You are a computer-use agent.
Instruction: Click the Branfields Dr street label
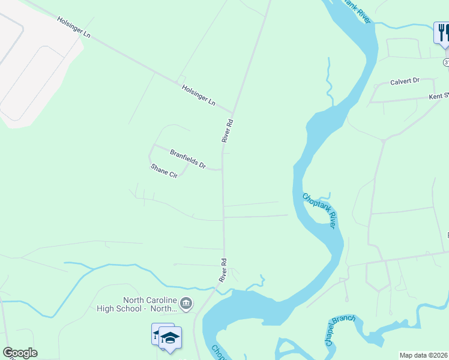[188, 159]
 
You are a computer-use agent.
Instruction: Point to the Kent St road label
[439, 96]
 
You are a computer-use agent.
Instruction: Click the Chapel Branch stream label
[340, 331]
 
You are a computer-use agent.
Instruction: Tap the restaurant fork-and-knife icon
[442, 32]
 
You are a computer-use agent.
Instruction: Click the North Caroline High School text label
[137, 304]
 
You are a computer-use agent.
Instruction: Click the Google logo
[20, 353]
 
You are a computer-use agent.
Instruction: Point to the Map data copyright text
[424, 355]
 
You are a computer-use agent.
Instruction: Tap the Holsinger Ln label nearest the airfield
[74, 28]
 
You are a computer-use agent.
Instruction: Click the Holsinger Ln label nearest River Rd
[199, 95]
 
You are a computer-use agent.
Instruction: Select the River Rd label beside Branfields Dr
[227, 130]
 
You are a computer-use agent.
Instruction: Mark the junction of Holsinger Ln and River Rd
[233, 112]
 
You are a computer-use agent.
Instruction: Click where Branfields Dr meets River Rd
[223, 170]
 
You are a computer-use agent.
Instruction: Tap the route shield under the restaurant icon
[446, 62]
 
